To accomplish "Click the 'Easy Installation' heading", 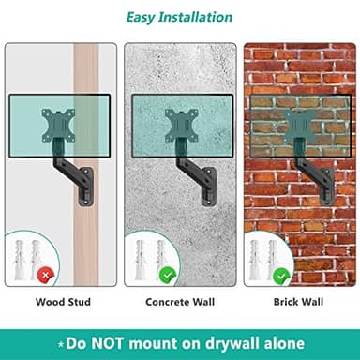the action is point(179,18).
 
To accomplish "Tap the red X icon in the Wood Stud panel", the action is point(46,276).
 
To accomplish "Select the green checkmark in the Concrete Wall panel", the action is point(168,276).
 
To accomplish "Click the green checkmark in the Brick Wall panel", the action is point(281,276).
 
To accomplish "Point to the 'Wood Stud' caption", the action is point(63,302).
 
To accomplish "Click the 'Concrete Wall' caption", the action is point(180,302).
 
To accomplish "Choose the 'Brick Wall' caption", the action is point(298,302).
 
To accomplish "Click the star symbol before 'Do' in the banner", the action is point(61,344).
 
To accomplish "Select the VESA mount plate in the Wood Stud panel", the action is point(58,126).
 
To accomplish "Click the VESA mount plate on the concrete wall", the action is point(182,126).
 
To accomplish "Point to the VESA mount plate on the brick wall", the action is point(300,126).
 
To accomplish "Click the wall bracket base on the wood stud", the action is point(86,187).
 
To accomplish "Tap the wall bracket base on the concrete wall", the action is point(209,187).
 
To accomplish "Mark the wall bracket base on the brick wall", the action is point(327,187).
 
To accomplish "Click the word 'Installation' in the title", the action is point(195,17).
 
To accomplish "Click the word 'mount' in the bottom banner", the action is point(152,344).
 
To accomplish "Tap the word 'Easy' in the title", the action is point(141,18).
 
